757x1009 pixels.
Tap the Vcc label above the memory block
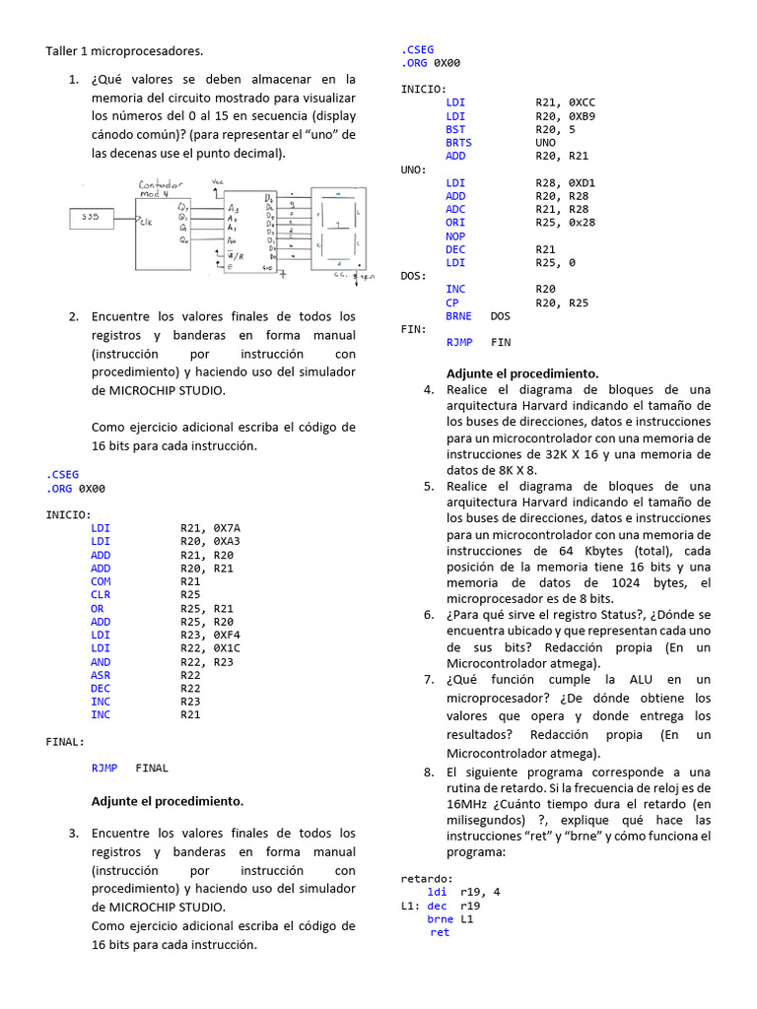coord(217,182)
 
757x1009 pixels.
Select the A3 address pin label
coord(233,209)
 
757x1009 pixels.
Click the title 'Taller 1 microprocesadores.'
coord(124,50)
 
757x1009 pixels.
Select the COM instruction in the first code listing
coord(101,581)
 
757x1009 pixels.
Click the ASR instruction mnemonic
coord(101,675)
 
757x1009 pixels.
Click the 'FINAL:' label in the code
coord(65,741)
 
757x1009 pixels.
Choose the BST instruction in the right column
coord(455,129)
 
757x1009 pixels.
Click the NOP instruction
coord(455,236)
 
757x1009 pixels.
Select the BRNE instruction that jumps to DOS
coord(458,316)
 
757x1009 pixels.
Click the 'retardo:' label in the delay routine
coord(427,878)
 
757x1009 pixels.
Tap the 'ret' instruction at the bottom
coord(440,932)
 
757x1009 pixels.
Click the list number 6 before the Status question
coord(429,615)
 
